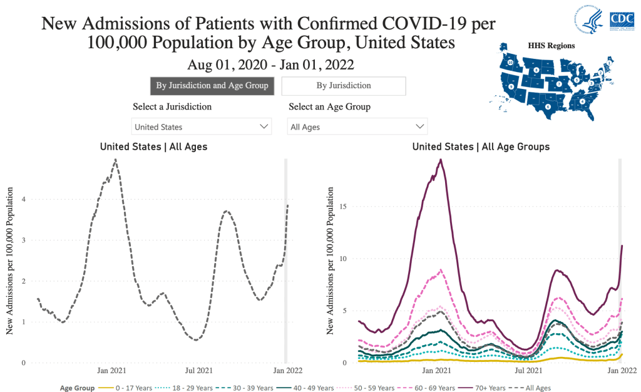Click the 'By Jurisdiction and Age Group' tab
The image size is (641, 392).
coord(212,86)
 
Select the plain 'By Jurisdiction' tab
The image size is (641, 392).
coord(344,86)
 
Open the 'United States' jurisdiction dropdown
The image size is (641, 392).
coord(202,126)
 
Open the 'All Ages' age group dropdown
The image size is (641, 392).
coord(357,126)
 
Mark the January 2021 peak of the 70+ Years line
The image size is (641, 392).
coord(441,160)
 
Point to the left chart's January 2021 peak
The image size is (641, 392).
coord(115,160)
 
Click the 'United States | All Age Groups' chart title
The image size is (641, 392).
coord(481,147)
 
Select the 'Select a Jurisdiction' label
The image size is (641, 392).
coord(172,106)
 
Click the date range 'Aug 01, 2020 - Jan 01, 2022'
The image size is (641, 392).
coord(270,64)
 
